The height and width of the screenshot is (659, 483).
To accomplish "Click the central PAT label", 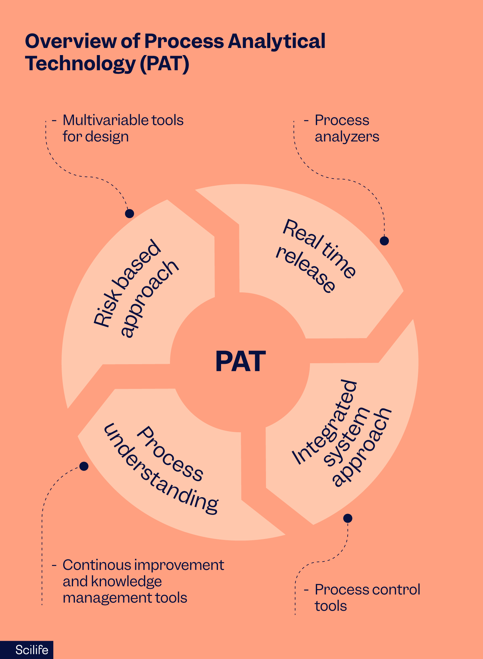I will [241, 361].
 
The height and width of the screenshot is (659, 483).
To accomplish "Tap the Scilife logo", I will [32, 650].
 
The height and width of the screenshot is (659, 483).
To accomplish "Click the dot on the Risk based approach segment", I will [129, 213].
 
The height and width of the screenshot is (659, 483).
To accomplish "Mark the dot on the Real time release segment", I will [384, 241].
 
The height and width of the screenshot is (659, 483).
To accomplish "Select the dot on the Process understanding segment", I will [84, 466].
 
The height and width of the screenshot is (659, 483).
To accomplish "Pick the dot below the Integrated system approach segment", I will [348, 518].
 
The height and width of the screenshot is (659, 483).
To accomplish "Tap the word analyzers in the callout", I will [347, 136].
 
